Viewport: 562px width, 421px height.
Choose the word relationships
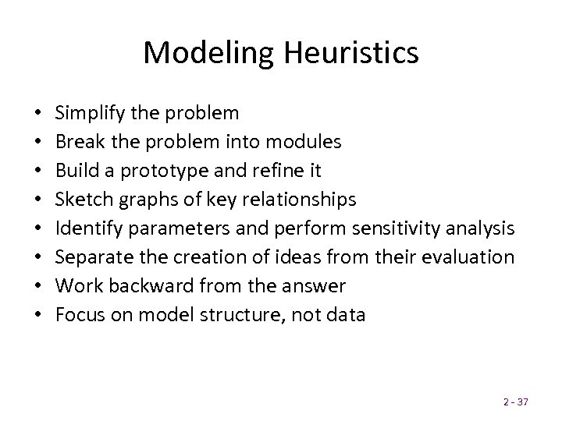coord(300,200)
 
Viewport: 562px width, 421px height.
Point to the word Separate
coord(88,257)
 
